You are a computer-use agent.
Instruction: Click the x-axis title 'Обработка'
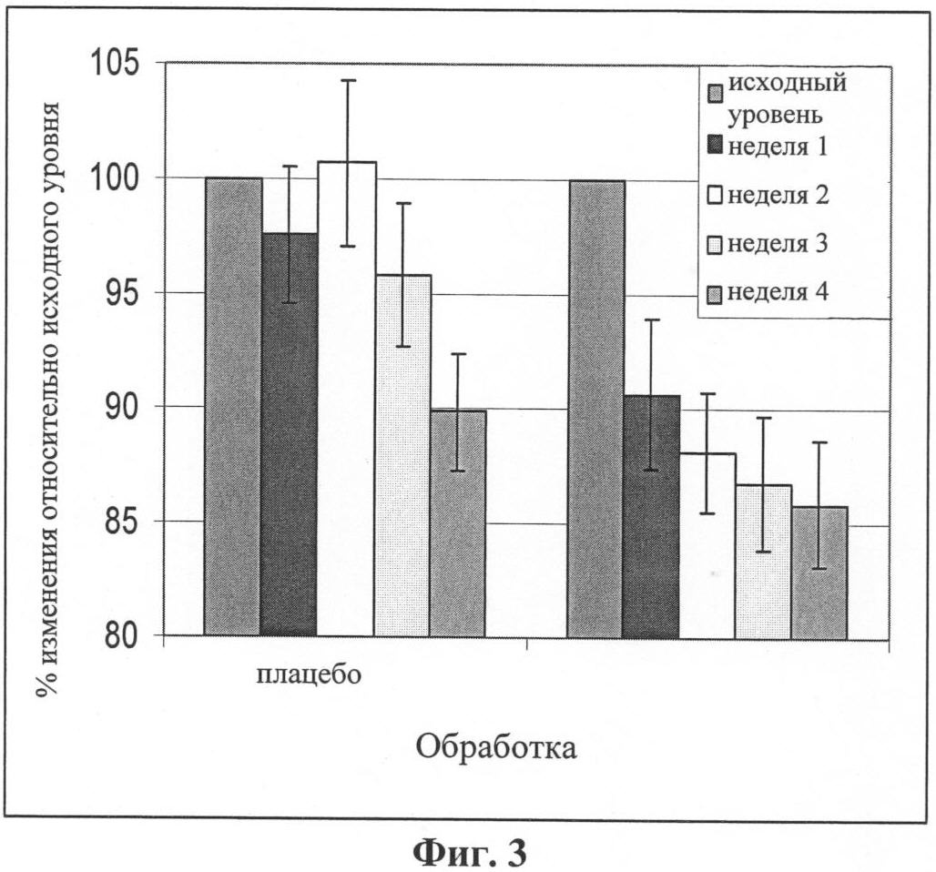pyautogui.click(x=496, y=748)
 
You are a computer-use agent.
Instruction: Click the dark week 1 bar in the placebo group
pyautogui.click(x=290, y=434)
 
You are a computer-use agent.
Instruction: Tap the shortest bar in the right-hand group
pyautogui.click(x=819, y=572)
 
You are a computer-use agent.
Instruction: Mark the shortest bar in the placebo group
pyautogui.click(x=458, y=522)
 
